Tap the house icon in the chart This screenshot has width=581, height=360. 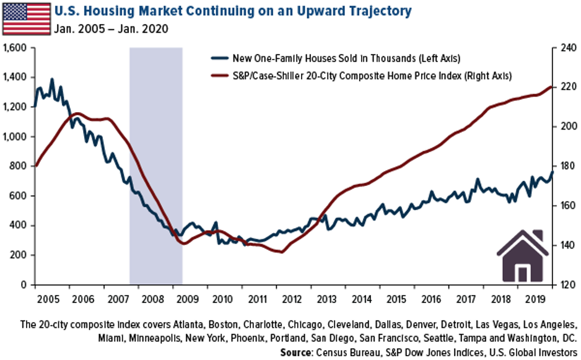[523, 257]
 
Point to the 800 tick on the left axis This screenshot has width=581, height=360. [20, 166]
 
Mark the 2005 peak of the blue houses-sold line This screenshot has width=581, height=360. [51, 79]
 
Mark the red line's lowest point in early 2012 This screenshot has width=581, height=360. [282, 252]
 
